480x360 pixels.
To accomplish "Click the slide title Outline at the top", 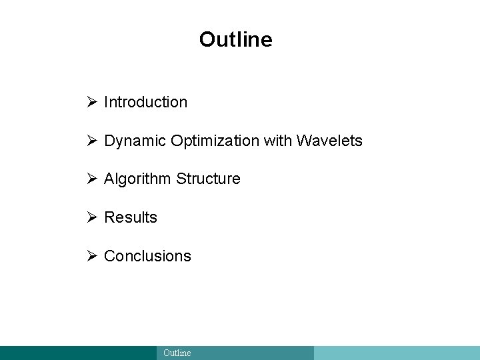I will coord(235,39).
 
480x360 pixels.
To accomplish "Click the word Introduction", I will coord(145,102).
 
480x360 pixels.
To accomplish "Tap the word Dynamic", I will coord(135,141).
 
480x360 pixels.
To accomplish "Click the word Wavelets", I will coord(329,141).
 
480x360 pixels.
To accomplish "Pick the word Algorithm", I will coord(138,179).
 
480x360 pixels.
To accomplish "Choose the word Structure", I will coord(208,179).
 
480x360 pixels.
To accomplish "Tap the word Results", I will coord(131,217).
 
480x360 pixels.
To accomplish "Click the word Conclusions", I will coord(147,256).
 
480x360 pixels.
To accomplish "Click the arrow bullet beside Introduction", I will coord(92,102).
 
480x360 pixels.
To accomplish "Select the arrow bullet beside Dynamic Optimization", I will coord(92,141).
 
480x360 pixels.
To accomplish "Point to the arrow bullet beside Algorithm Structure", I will coord(92,179).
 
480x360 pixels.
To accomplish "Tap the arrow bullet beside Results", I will coord(92,217).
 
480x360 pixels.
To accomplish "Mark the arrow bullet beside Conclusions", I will coord(92,256).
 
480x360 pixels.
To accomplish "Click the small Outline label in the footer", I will coord(177,353).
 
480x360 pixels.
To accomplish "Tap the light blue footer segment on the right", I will coord(397,353).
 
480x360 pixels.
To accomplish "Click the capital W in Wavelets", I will coord(304,141).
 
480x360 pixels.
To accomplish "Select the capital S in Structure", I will coord(181,179).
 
